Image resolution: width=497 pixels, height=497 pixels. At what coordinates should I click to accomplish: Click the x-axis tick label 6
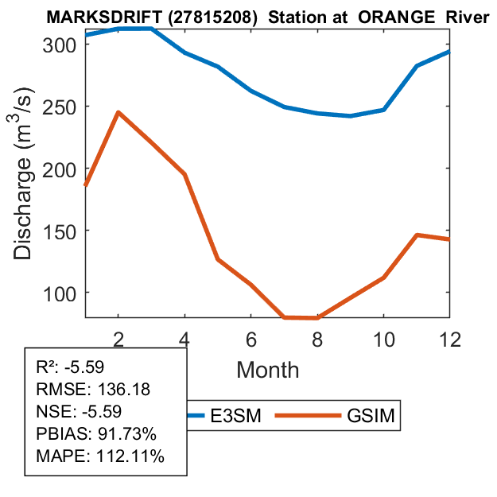251,337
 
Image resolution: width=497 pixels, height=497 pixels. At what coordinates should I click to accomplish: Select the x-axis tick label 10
383,337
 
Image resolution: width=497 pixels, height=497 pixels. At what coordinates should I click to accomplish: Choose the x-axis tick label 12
449,337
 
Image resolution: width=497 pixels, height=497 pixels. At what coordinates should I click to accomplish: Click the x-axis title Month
267,369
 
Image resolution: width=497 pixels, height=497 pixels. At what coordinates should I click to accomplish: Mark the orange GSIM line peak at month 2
118,112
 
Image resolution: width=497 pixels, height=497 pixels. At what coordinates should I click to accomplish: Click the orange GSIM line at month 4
184,174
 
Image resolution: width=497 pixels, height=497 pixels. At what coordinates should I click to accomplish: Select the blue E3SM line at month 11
417,66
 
